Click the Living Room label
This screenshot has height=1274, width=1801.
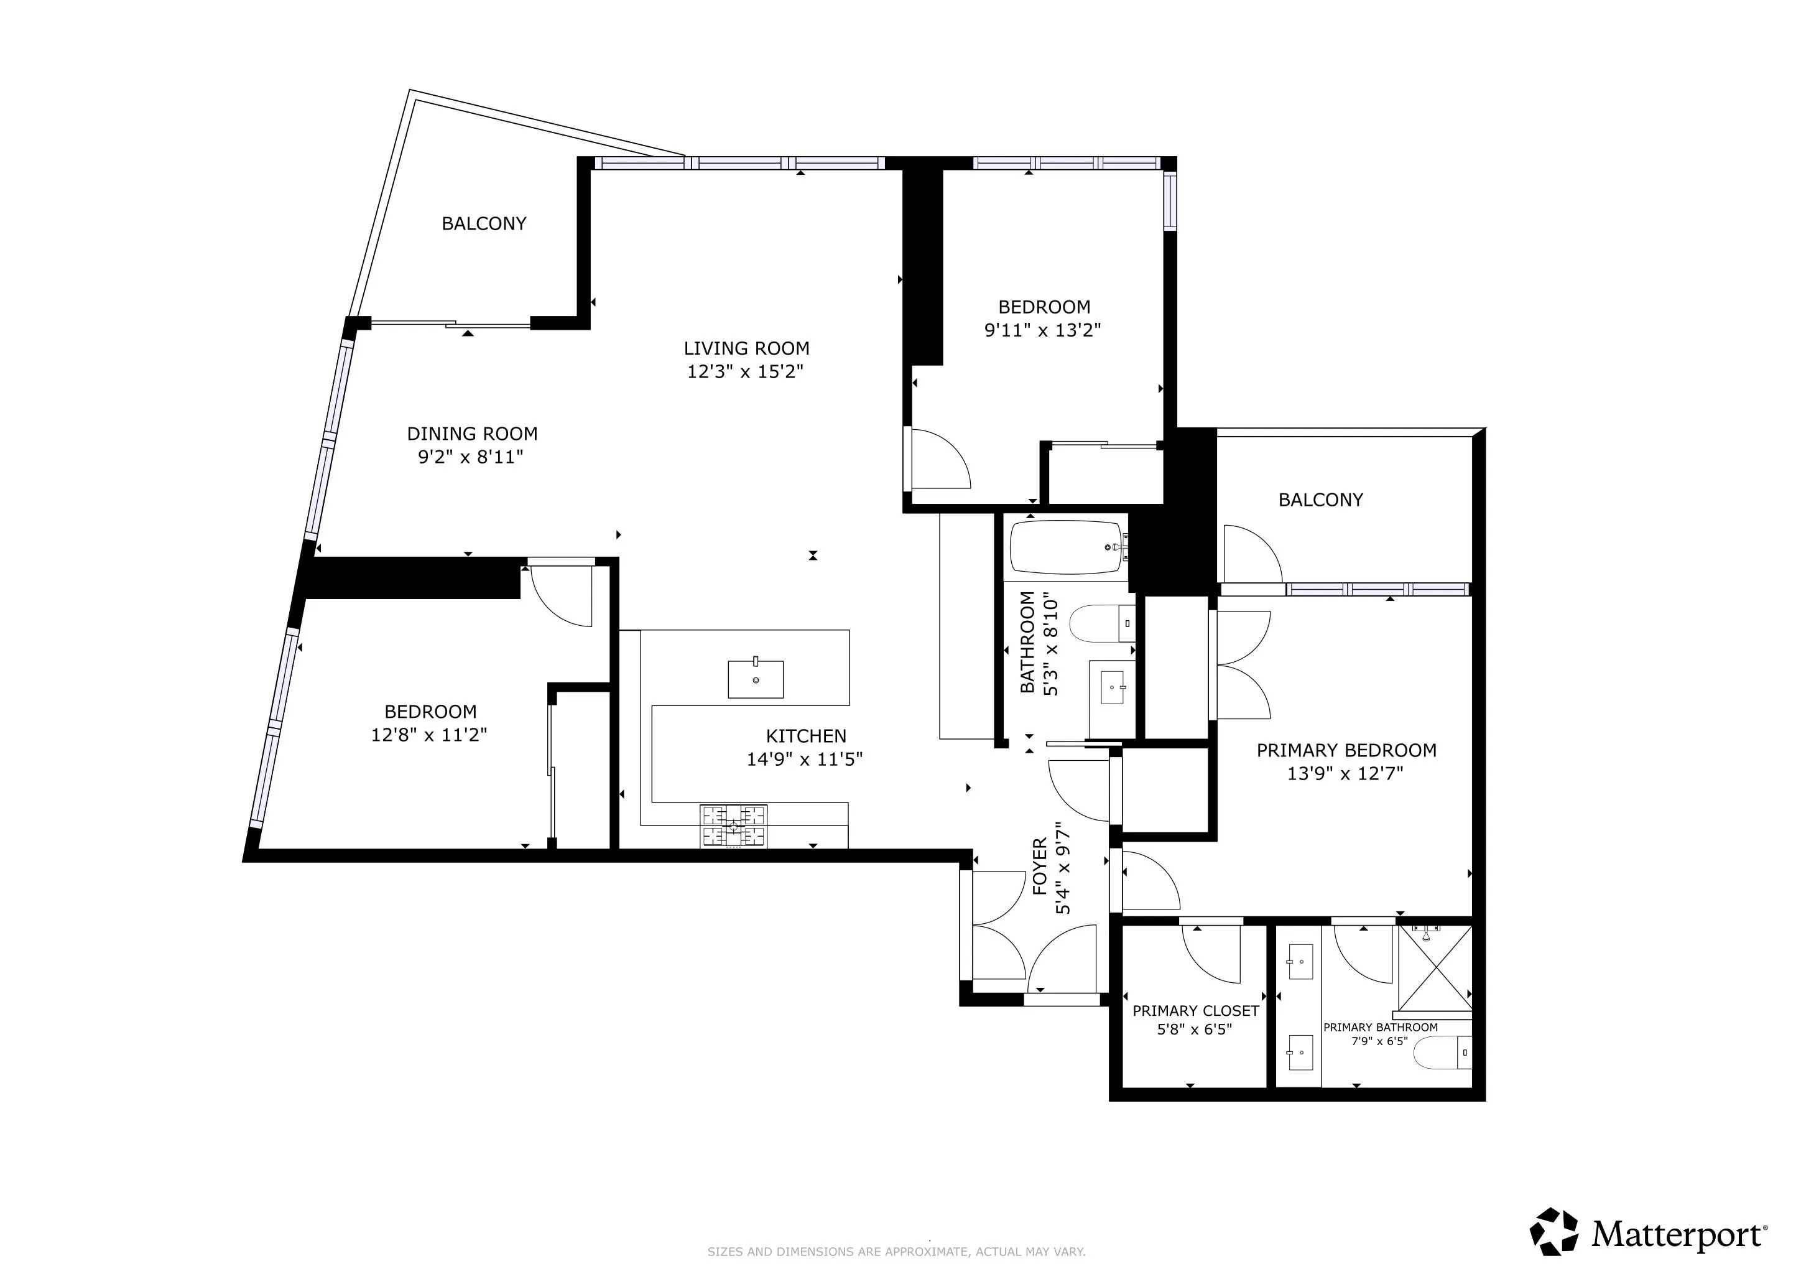click(746, 348)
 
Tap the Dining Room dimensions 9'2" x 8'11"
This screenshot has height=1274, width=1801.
click(471, 457)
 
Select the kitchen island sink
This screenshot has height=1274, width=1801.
click(756, 679)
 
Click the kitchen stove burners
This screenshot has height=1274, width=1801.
click(733, 826)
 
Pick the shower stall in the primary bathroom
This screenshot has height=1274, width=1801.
click(1435, 968)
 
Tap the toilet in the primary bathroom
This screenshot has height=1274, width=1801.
click(1443, 1053)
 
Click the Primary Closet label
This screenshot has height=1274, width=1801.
click(1195, 1011)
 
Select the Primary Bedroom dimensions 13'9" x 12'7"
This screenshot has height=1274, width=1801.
click(1345, 773)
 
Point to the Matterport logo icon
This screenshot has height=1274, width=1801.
click(1554, 1232)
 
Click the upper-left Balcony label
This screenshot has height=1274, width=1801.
click(483, 223)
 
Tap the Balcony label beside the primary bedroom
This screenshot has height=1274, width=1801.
click(1320, 500)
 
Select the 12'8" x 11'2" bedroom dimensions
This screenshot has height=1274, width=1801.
click(429, 735)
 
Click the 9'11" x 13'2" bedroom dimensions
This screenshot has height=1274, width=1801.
click(1042, 330)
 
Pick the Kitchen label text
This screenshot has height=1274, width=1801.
click(805, 736)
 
